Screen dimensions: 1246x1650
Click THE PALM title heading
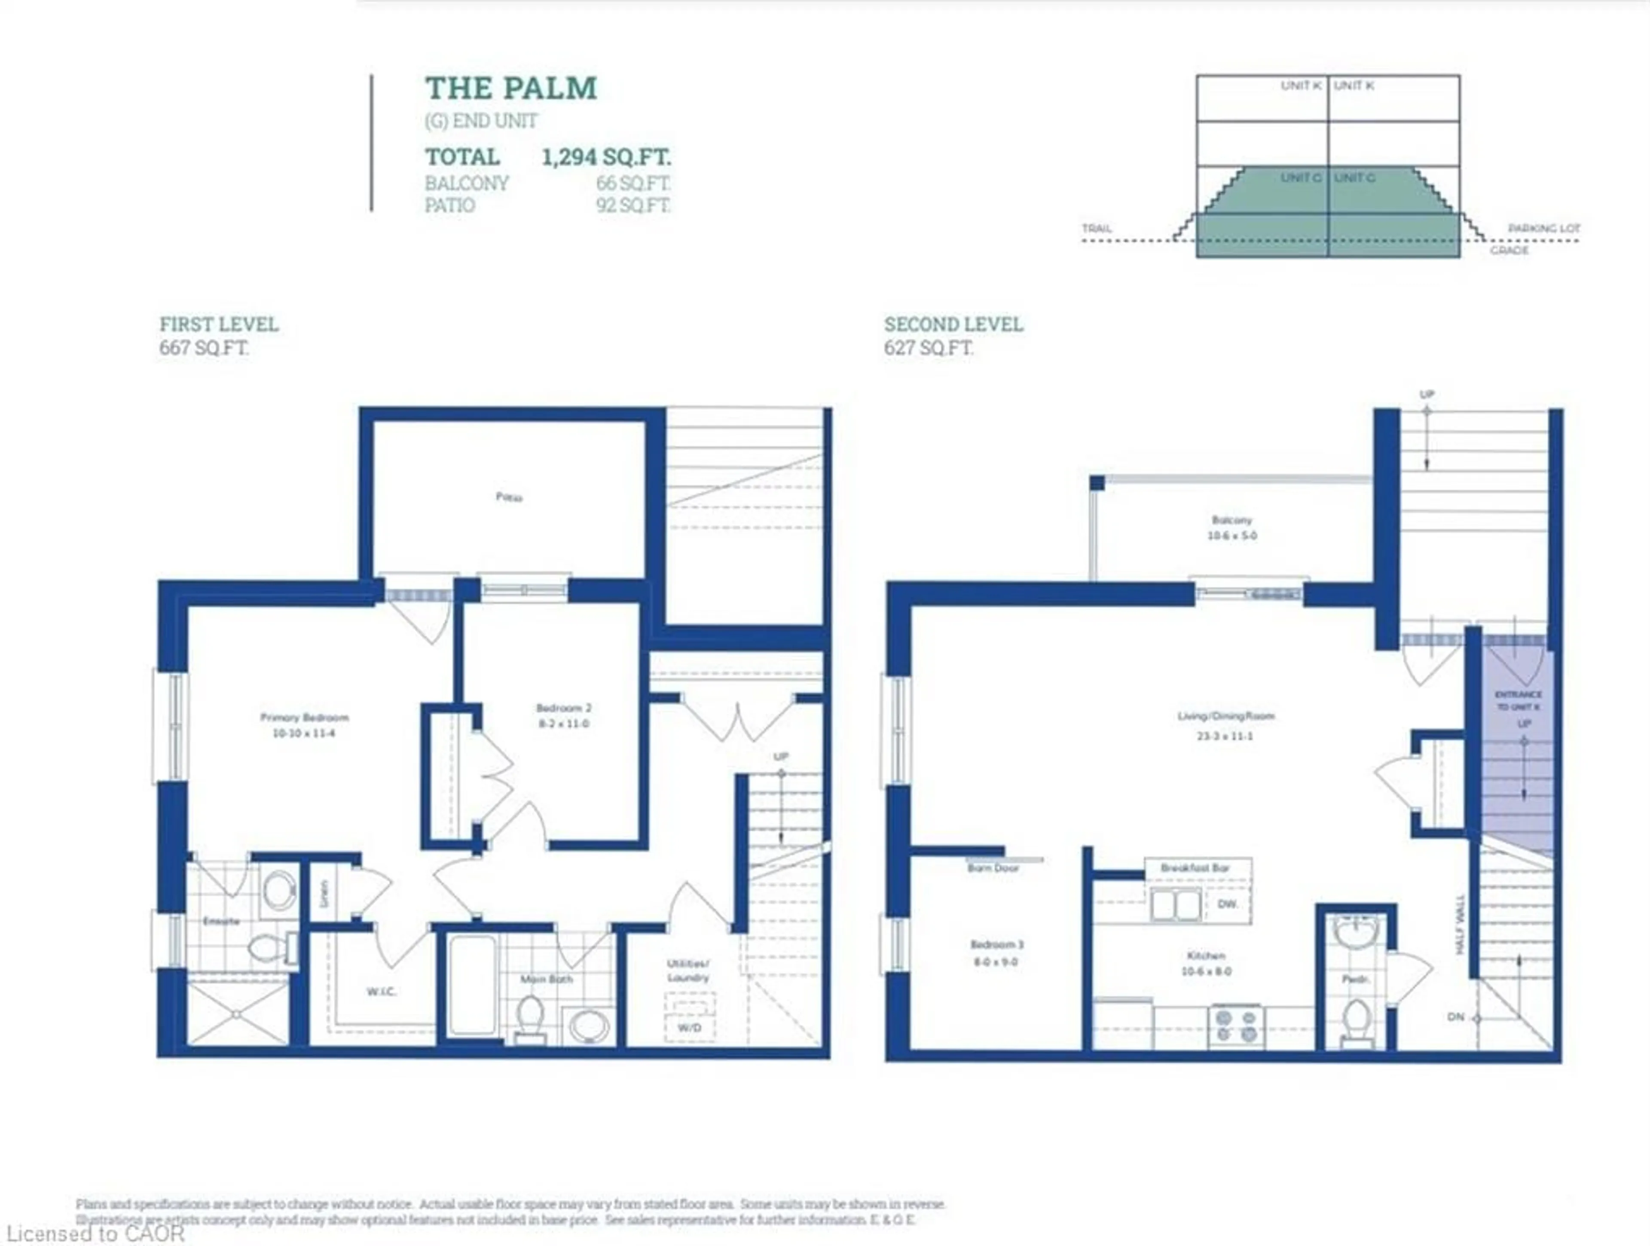[x=511, y=89]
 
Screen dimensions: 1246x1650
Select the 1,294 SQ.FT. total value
[x=606, y=157]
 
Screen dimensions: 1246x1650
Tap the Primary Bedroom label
[x=304, y=718]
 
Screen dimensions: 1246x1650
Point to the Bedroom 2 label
[x=563, y=708]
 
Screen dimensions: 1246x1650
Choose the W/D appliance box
[x=689, y=1028]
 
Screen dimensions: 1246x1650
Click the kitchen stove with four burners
[x=1236, y=1026]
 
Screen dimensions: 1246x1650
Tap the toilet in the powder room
[x=1356, y=1020]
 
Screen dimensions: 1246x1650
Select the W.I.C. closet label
[x=381, y=991]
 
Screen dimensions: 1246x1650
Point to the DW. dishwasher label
[x=1228, y=904]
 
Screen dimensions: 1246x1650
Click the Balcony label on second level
[x=1231, y=520]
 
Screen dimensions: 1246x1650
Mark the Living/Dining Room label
[x=1225, y=717]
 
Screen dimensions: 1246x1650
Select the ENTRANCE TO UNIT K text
[x=1518, y=700]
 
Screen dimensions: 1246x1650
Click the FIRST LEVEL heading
[x=219, y=324]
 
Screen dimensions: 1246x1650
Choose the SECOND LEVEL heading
[x=953, y=324]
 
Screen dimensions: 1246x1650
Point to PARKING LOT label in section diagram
[x=1543, y=228]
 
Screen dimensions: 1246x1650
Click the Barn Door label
[x=993, y=868]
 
